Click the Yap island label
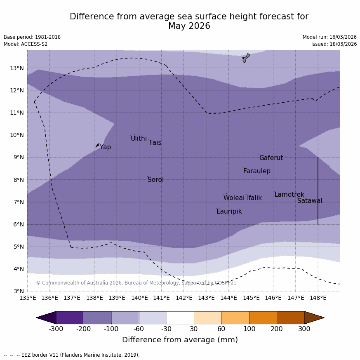point(105,147)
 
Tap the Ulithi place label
point(139,139)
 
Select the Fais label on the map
point(155,143)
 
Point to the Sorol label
point(155,180)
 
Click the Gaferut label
point(271,158)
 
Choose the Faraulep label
point(256,171)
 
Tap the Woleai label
point(234,198)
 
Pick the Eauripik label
point(229,212)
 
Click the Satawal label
point(310,201)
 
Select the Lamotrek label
point(289,195)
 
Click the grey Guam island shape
point(246,58)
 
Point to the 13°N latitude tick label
point(17,68)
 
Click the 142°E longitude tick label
point(184,298)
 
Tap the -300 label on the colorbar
point(56,329)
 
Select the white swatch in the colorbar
point(180,318)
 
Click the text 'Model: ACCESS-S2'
point(26,44)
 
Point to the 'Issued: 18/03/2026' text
point(334,44)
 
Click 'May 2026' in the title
point(189,26)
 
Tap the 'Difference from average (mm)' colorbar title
point(180,340)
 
